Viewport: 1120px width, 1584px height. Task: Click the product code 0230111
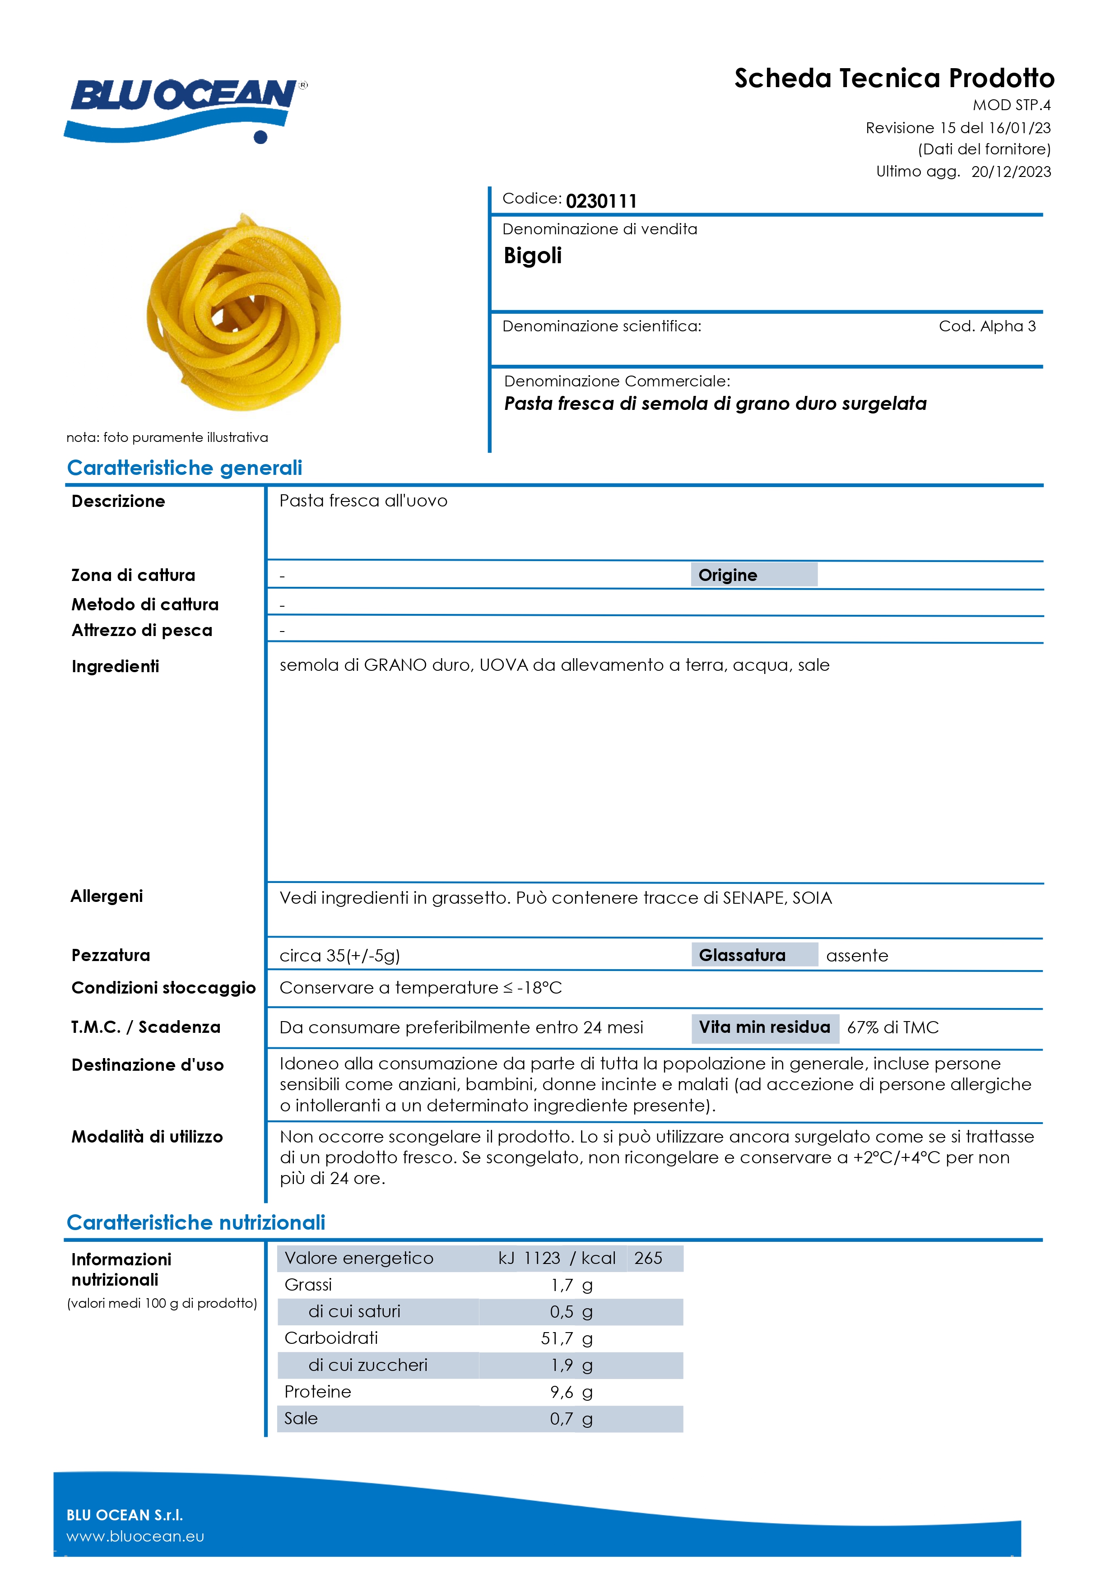point(600,201)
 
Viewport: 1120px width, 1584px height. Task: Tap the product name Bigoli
point(532,256)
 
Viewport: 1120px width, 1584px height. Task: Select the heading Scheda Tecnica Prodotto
point(894,79)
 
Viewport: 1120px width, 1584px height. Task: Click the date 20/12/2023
point(1010,172)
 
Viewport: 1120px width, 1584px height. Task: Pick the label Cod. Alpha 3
point(987,326)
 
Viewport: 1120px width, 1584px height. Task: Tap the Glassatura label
point(742,956)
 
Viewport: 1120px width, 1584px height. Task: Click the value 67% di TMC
point(892,1028)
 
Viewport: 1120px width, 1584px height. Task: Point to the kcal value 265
point(648,1259)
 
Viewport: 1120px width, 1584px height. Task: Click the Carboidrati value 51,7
point(557,1339)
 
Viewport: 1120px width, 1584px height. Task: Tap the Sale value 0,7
point(561,1419)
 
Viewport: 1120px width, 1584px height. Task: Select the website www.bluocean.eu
point(135,1537)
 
